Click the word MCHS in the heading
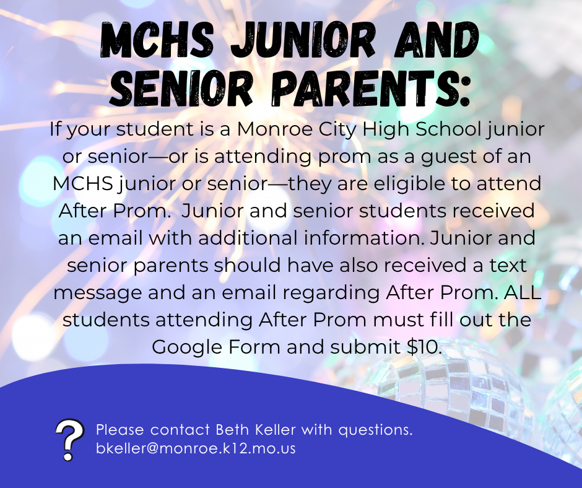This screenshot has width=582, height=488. tap(157, 40)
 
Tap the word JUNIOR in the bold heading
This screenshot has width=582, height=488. tap(302, 40)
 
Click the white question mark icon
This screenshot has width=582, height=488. tap(69, 440)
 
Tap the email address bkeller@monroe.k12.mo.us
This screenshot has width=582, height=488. tap(196, 448)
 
